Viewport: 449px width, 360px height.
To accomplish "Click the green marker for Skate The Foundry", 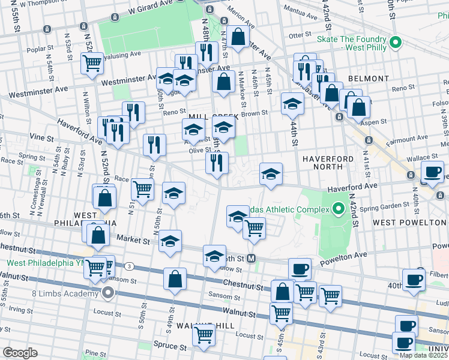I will [395, 43].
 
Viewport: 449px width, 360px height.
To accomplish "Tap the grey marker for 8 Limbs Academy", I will [108, 293].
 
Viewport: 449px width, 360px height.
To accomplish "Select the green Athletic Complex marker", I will [338, 209].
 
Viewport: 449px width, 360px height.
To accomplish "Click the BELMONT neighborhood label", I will [368, 79].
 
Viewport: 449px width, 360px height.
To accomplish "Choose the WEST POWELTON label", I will [410, 222].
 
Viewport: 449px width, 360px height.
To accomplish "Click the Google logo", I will [20, 353].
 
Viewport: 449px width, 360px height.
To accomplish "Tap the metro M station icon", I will [252, 259].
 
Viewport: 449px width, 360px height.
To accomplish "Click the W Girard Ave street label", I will [150, 10].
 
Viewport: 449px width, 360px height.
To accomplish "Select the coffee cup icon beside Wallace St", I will [432, 171].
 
